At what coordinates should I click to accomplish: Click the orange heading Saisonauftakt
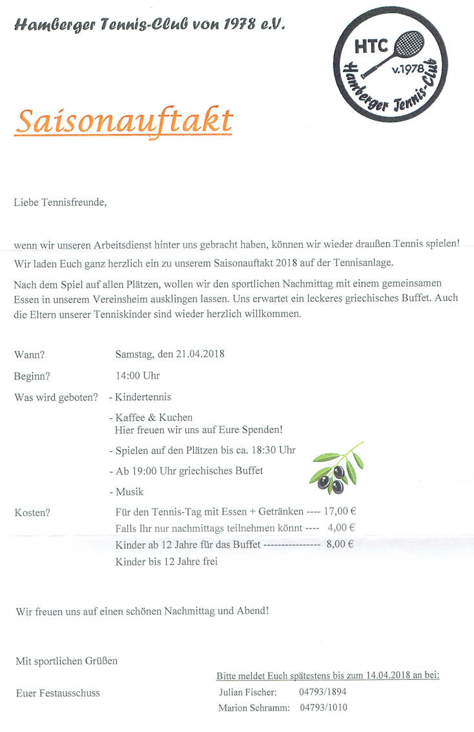123,120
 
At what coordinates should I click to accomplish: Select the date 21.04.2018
192,354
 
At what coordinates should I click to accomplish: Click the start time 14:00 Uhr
138,375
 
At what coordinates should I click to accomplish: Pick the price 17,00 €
340,511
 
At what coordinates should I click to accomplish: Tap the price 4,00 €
342,528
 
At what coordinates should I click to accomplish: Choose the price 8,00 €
340,544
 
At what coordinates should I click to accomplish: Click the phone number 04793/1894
324,692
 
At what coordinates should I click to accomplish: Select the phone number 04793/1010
324,707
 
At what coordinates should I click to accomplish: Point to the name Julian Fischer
248,692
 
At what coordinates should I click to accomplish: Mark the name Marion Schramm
253,707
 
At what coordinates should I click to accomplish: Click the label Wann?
30,354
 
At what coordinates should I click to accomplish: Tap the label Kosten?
32,513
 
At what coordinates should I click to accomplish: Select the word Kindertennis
143,397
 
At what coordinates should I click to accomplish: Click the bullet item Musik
129,492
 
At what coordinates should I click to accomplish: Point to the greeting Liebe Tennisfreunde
60,203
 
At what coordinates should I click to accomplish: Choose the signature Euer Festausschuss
58,693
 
